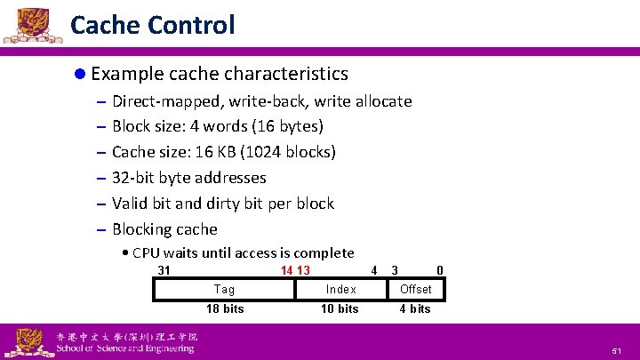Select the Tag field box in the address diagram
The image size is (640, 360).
tap(224, 289)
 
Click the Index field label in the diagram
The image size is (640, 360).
tap(340, 289)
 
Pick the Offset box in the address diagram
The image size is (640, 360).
tap(415, 289)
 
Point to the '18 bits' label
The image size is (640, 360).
tap(224, 308)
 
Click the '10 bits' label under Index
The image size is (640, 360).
tap(340, 308)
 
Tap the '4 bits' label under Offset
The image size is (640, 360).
tap(414, 308)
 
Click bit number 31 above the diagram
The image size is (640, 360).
tap(164, 270)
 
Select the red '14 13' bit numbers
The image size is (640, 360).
tap(295, 270)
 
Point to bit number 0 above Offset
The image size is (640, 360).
tap(440, 270)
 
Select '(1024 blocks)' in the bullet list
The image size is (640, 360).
tap(294, 152)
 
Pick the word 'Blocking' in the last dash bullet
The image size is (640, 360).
tap(143, 229)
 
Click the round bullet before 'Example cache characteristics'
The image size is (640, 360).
tap(79, 74)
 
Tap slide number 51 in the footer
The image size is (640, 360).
tap(616, 352)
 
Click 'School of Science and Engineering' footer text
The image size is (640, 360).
tap(124, 348)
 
